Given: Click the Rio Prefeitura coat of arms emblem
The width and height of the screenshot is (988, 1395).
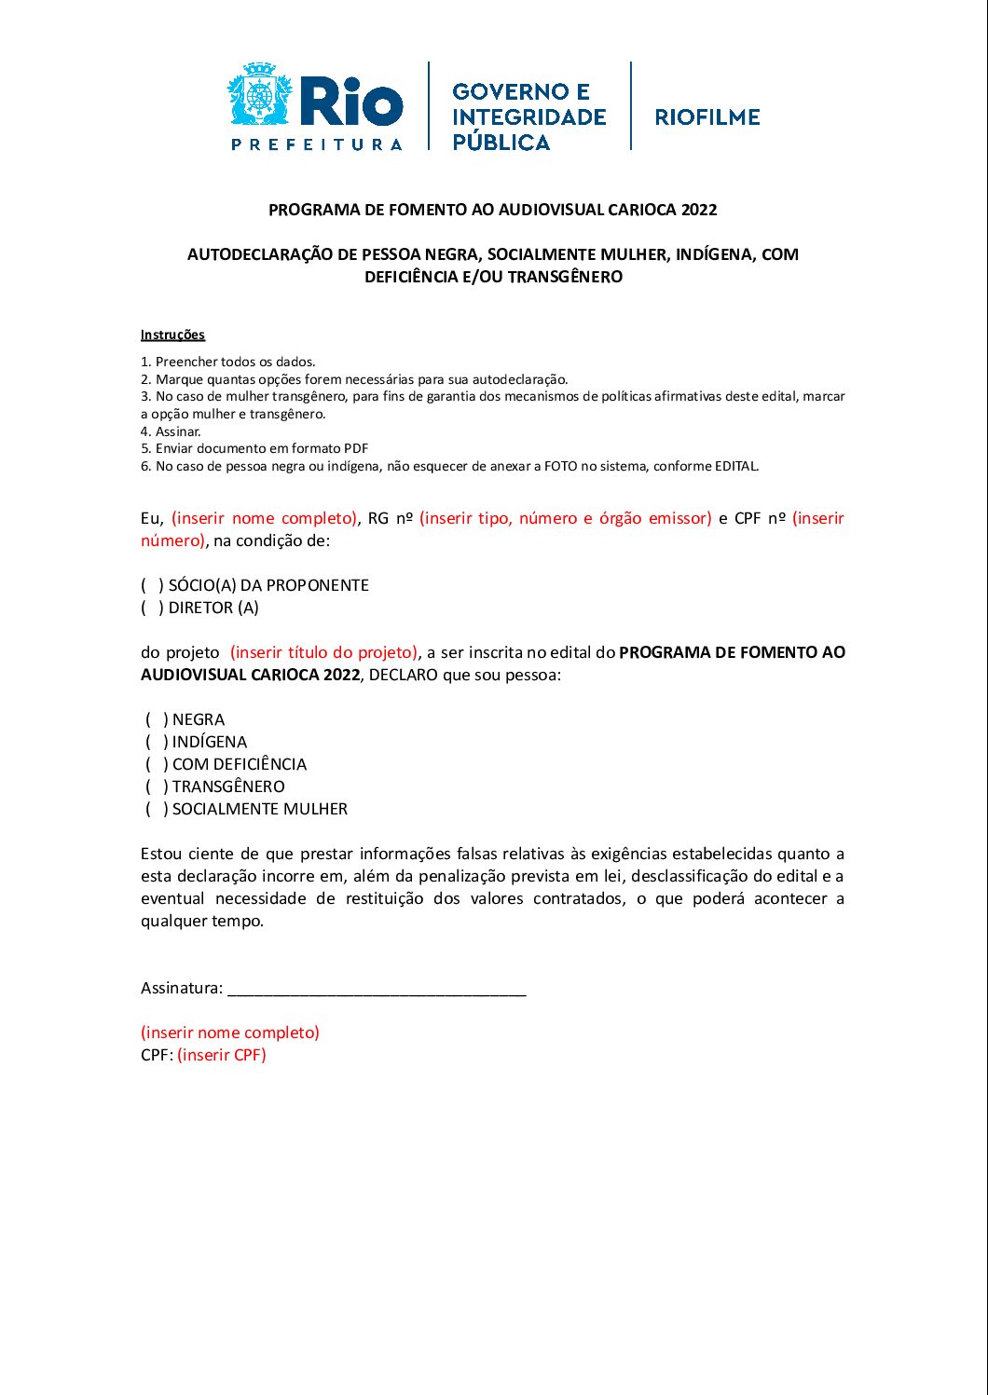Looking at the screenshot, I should [260, 94].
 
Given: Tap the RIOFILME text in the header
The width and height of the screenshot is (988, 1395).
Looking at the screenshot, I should [707, 117].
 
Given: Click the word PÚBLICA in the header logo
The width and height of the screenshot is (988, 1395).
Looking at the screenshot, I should [501, 143].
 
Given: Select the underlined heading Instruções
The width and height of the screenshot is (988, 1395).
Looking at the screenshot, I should [172, 335].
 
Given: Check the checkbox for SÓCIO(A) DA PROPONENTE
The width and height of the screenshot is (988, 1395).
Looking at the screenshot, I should [152, 585].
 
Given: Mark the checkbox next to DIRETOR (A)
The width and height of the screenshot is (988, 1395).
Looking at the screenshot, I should [152, 608].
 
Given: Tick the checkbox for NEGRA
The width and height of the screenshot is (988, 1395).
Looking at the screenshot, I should [156, 719].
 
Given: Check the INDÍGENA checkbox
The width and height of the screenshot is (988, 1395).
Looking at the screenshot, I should [156, 742].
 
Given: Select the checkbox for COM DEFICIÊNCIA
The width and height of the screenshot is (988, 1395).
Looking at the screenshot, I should [156, 764].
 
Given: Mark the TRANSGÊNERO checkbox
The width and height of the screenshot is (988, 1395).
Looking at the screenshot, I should [156, 786].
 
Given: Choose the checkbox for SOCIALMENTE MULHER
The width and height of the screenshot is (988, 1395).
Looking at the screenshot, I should [156, 809].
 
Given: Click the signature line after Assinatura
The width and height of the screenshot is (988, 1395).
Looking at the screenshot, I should [377, 990].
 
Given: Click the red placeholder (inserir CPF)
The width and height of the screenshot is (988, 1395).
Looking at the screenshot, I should [222, 1055].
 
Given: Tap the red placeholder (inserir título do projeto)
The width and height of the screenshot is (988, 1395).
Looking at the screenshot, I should [324, 652].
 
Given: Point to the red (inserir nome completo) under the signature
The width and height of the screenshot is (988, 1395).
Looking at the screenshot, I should [230, 1033].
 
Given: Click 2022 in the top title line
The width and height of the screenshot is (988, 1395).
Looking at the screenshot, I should [699, 210].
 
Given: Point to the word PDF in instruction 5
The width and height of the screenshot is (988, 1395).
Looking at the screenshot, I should [356, 448].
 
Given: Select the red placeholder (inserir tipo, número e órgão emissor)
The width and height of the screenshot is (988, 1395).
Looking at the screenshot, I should [566, 518].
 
